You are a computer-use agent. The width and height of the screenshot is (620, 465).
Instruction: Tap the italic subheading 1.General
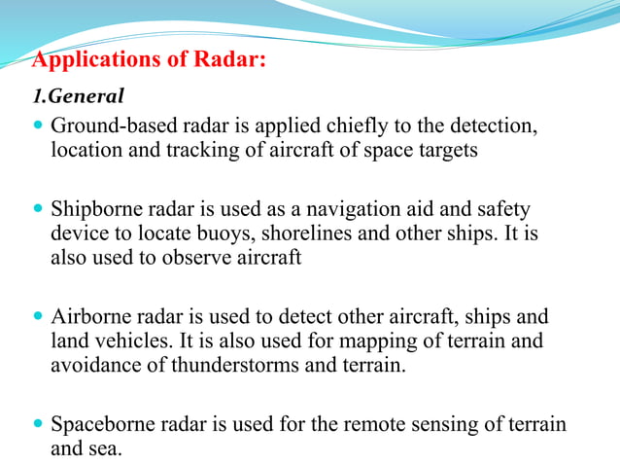pos(79,97)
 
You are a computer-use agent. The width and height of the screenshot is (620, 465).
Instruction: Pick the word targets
pos(445,152)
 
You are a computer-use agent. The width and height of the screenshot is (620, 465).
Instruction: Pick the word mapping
pos(365,341)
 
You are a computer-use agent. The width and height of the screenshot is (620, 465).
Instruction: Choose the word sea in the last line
pos(103,448)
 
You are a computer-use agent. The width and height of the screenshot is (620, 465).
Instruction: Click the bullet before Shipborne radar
pos(38,209)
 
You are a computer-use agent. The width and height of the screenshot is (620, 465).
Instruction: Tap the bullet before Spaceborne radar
pos(38,425)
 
